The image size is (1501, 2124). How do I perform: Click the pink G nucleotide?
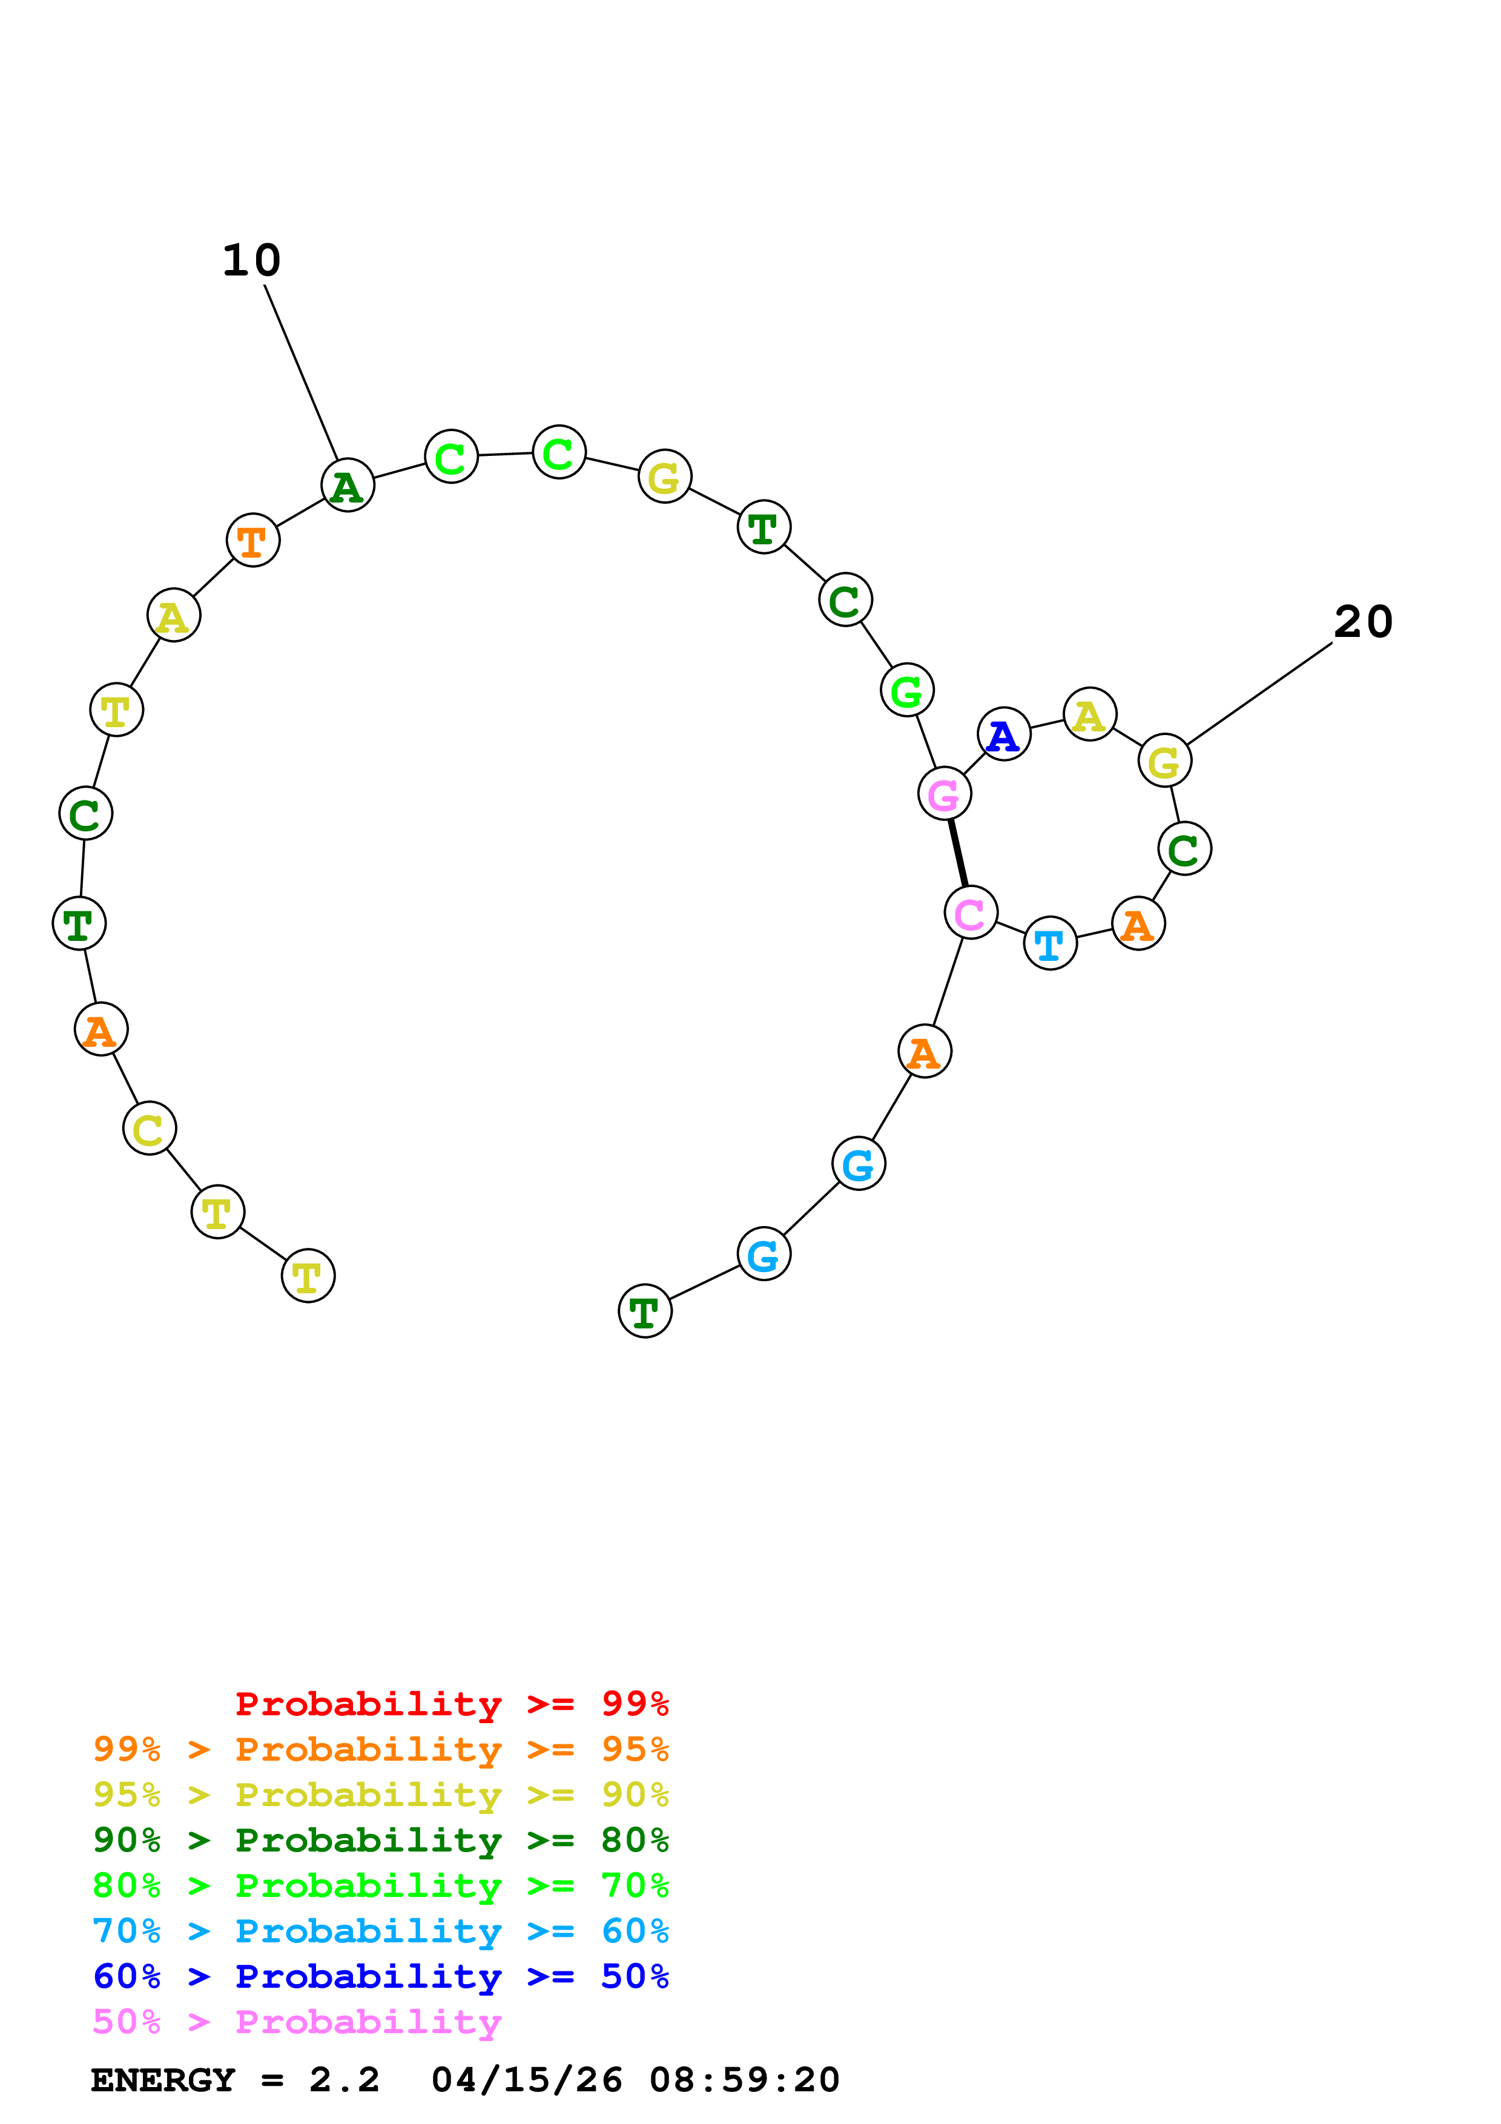point(943,794)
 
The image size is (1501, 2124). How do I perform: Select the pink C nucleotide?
point(970,913)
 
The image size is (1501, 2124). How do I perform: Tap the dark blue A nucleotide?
point(1003,734)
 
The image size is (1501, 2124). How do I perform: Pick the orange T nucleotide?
point(252,540)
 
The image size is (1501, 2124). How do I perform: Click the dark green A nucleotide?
point(348,486)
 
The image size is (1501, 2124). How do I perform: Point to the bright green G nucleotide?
point(906,690)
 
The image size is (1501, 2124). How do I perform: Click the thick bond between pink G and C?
point(957,853)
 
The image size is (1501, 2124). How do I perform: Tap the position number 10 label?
point(251,261)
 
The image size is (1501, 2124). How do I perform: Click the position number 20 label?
point(1362,622)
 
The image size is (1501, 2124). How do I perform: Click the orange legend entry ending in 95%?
point(380,1749)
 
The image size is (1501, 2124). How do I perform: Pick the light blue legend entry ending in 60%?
point(380,1931)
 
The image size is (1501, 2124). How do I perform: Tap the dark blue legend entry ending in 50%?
point(380,1976)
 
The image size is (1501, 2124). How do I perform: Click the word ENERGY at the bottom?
point(163,2080)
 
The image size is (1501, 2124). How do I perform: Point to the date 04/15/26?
point(526,2080)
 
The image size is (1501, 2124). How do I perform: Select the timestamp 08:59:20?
point(744,2080)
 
